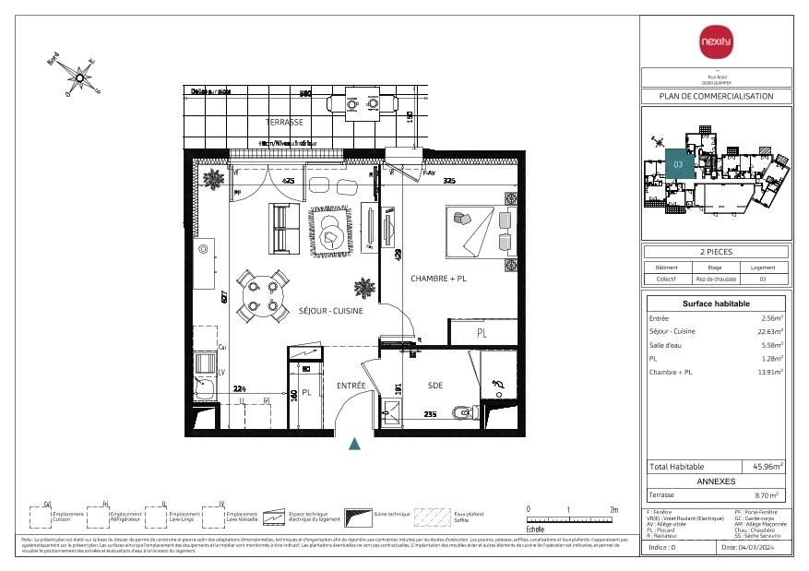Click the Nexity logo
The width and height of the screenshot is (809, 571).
click(715, 42)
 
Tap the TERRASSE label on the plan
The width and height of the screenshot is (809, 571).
click(284, 122)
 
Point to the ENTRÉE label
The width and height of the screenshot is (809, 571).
click(351, 386)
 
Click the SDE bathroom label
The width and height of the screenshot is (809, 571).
click(436, 386)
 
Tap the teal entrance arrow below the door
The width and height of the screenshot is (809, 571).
click(354, 444)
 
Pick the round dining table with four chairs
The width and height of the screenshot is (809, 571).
click(261, 294)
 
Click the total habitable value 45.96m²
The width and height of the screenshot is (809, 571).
click(767, 467)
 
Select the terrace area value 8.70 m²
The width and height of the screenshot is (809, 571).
click(767, 495)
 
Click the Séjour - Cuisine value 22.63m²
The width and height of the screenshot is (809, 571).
click(769, 331)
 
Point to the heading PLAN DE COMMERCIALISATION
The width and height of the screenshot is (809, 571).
click(715, 96)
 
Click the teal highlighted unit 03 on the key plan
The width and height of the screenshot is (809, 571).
click(679, 163)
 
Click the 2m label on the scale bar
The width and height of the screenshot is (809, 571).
click(613, 509)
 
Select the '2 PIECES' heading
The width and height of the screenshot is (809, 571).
click(715, 252)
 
